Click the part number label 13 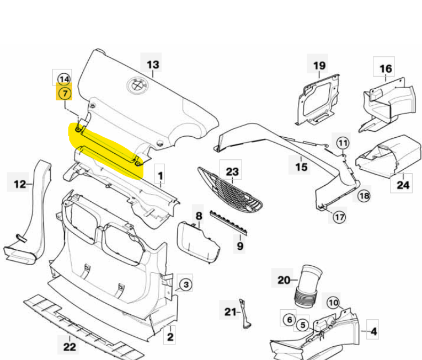click(153, 65)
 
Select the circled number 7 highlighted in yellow click(65, 93)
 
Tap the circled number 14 click(65, 78)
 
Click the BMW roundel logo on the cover click(135, 85)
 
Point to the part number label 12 click(20, 184)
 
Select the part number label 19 click(319, 66)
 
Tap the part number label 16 click(386, 69)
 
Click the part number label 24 click(403, 185)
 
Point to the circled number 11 click(343, 143)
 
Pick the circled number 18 click(364, 195)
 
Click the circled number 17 click(340, 217)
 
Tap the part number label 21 click(231, 312)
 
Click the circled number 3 click(186, 284)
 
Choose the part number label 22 click(69, 347)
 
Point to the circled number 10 click(333, 302)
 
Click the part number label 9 click(240, 246)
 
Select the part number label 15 click(301, 166)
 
